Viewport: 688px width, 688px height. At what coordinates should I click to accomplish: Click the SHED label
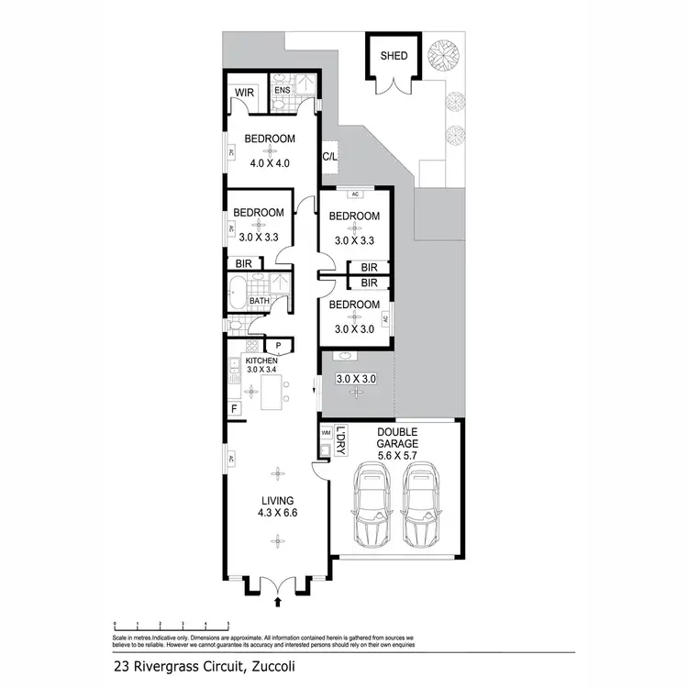[x=394, y=56]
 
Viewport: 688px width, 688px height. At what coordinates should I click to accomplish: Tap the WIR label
[x=243, y=93]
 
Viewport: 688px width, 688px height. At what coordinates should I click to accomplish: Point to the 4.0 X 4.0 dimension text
[x=270, y=163]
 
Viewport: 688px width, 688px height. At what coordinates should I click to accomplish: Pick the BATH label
[x=260, y=300]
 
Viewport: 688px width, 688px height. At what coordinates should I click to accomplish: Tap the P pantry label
[x=278, y=345]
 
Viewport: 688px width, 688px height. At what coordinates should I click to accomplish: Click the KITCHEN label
[x=261, y=361]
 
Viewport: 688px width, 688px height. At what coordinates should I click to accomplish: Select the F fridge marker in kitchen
[x=235, y=407]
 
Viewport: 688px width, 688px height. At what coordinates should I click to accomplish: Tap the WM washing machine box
[x=326, y=431]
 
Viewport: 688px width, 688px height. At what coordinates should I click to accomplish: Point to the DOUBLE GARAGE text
[x=397, y=438]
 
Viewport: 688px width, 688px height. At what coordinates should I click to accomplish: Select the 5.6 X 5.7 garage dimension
[x=397, y=452]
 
